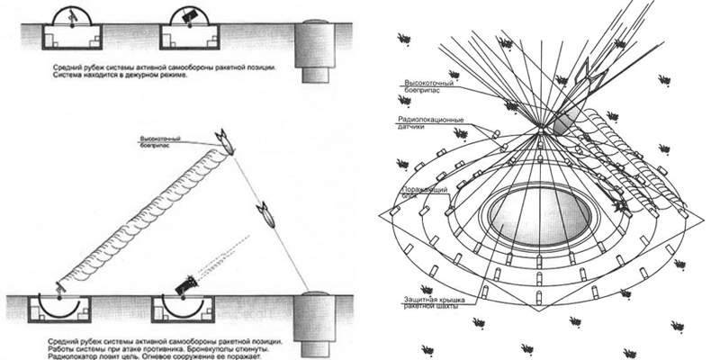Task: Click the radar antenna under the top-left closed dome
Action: [73, 18]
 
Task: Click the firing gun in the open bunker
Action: [186, 287]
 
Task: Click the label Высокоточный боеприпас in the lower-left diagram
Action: [163, 143]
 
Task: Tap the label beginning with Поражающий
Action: [424, 193]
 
